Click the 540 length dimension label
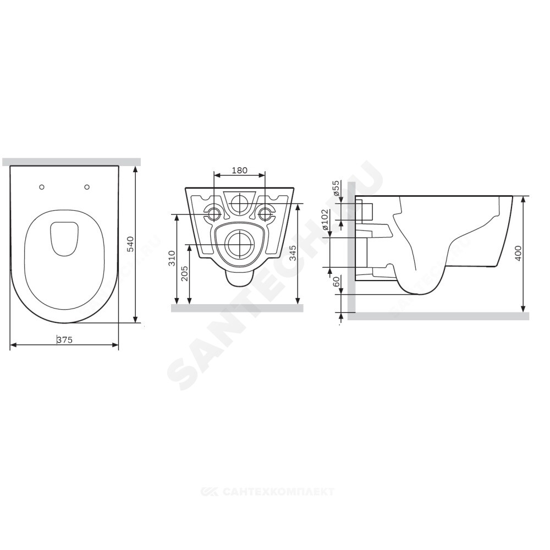coord(130,245)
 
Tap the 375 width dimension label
coord(64,339)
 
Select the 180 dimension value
coord(240,170)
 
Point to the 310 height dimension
coord(172,258)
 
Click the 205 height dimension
coord(185,273)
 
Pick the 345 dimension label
coord(293,252)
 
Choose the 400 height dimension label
coord(518,253)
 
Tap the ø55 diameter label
coord(336,188)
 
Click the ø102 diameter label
coord(326,219)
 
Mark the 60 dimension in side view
coord(337,282)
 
